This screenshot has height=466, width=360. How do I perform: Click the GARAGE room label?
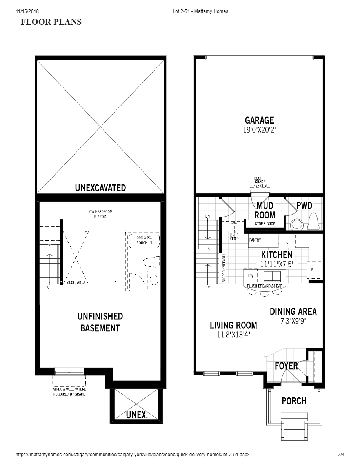coord(259,120)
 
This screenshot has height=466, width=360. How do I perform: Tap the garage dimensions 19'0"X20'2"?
coord(259,130)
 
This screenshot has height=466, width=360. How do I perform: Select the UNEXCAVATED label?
coord(100,188)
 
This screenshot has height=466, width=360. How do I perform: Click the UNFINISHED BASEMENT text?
coord(100,322)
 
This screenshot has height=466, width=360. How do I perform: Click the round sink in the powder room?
coord(297,224)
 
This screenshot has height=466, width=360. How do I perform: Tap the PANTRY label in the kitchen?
coord(255,240)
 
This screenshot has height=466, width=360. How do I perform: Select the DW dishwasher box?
coord(251,276)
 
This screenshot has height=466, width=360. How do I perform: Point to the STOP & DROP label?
coord(265,224)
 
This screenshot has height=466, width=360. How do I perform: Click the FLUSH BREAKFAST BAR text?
coord(265,286)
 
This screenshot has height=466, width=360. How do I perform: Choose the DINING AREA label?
coord(293,311)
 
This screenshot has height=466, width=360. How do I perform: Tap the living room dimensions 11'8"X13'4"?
coord(233,335)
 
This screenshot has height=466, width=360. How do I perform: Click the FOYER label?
coord(286,366)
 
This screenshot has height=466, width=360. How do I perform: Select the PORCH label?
coord(294,401)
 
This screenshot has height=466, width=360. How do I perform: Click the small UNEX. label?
coord(137,415)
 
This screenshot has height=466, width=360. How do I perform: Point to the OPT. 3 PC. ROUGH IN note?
coord(144,240)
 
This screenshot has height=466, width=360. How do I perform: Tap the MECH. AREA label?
coord(76,282)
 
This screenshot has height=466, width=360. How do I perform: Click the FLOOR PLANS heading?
coord(51,22)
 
